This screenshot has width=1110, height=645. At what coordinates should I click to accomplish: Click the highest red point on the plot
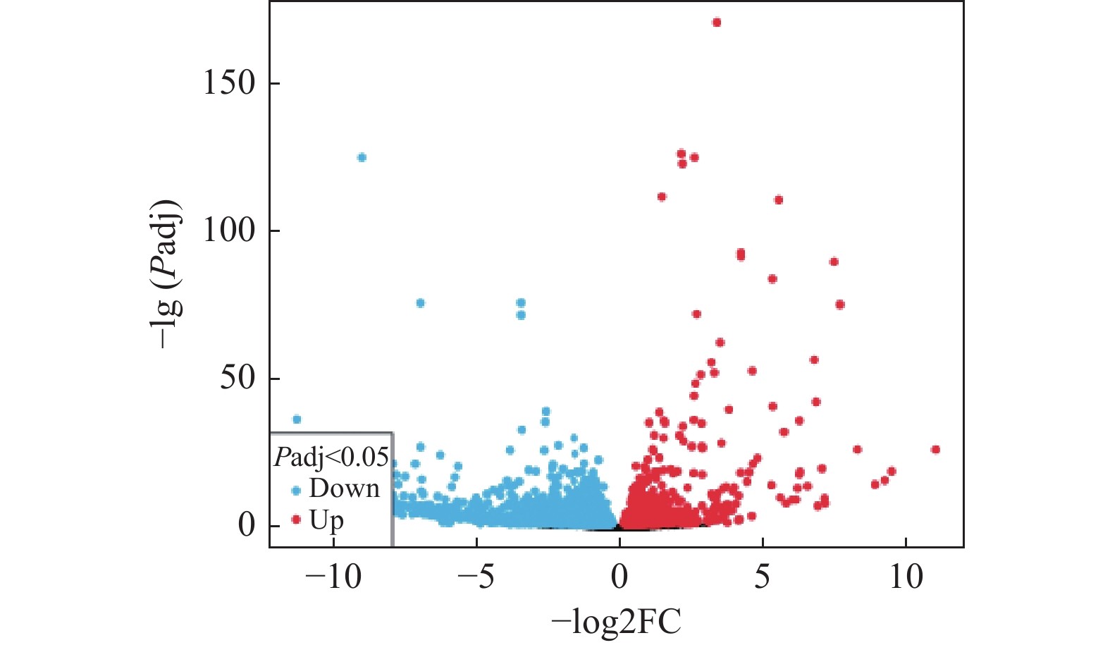[717, 23]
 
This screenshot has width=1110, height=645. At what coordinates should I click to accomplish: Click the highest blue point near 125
[362, 157]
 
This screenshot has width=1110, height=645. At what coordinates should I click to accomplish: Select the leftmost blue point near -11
[297, 419]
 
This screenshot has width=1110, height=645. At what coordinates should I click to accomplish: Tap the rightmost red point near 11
[935, 450]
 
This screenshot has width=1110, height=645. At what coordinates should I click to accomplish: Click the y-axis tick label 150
[229, 83]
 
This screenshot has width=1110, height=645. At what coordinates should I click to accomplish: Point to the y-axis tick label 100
[229, 231]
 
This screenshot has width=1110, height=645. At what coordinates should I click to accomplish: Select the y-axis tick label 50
[238, 378]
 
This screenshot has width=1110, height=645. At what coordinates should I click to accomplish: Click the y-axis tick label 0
[247, 525]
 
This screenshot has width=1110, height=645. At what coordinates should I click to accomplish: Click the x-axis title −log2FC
[617, 622]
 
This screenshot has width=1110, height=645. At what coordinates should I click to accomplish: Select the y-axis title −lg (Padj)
[167, 274]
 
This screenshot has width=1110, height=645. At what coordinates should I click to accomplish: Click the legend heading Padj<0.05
[331, 458]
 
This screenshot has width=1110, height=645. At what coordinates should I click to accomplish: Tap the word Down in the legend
[345, 489]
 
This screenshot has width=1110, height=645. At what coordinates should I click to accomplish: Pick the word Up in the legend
[327, 520]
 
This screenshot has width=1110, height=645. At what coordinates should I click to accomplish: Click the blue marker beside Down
[296, 490]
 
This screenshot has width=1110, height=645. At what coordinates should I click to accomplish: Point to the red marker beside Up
[296, 520]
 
